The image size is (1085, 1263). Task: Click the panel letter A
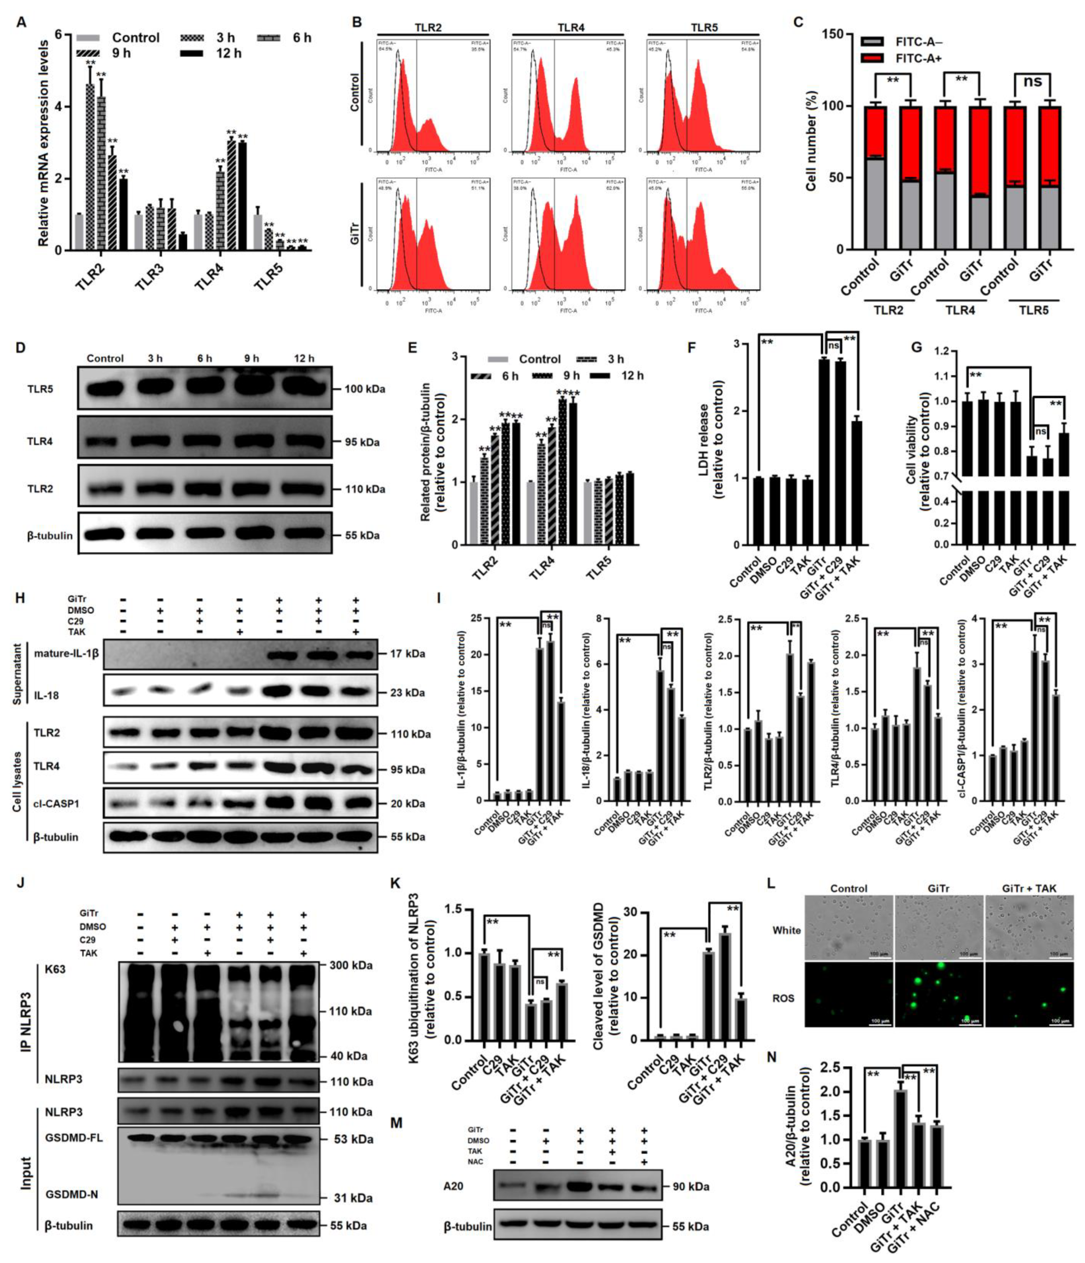(x=21, y=23)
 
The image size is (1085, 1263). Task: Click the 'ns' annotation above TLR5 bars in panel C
(x=1032, y=81)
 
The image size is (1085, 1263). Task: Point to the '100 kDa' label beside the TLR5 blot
(x=364, y=389)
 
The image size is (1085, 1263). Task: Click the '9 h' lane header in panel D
(x=251, y=358)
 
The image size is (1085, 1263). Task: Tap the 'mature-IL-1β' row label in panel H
(x=66, y=653)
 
